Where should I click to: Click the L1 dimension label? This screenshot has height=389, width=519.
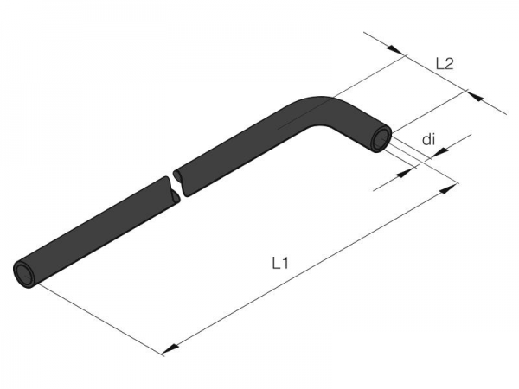(x=280, y=264)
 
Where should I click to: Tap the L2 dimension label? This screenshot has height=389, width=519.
(x=445, y=64)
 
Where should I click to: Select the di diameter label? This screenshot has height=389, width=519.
(x=428, y=140)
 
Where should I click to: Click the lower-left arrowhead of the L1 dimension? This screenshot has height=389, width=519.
(x=170, y=348)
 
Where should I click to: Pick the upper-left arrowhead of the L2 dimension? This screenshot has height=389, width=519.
(x=395, y=49)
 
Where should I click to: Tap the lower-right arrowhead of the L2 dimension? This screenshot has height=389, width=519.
(x=474, y=96)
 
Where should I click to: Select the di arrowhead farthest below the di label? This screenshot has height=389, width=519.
(x=405, y=173)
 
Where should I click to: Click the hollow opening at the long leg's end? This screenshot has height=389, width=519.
(x=24, y=273)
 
